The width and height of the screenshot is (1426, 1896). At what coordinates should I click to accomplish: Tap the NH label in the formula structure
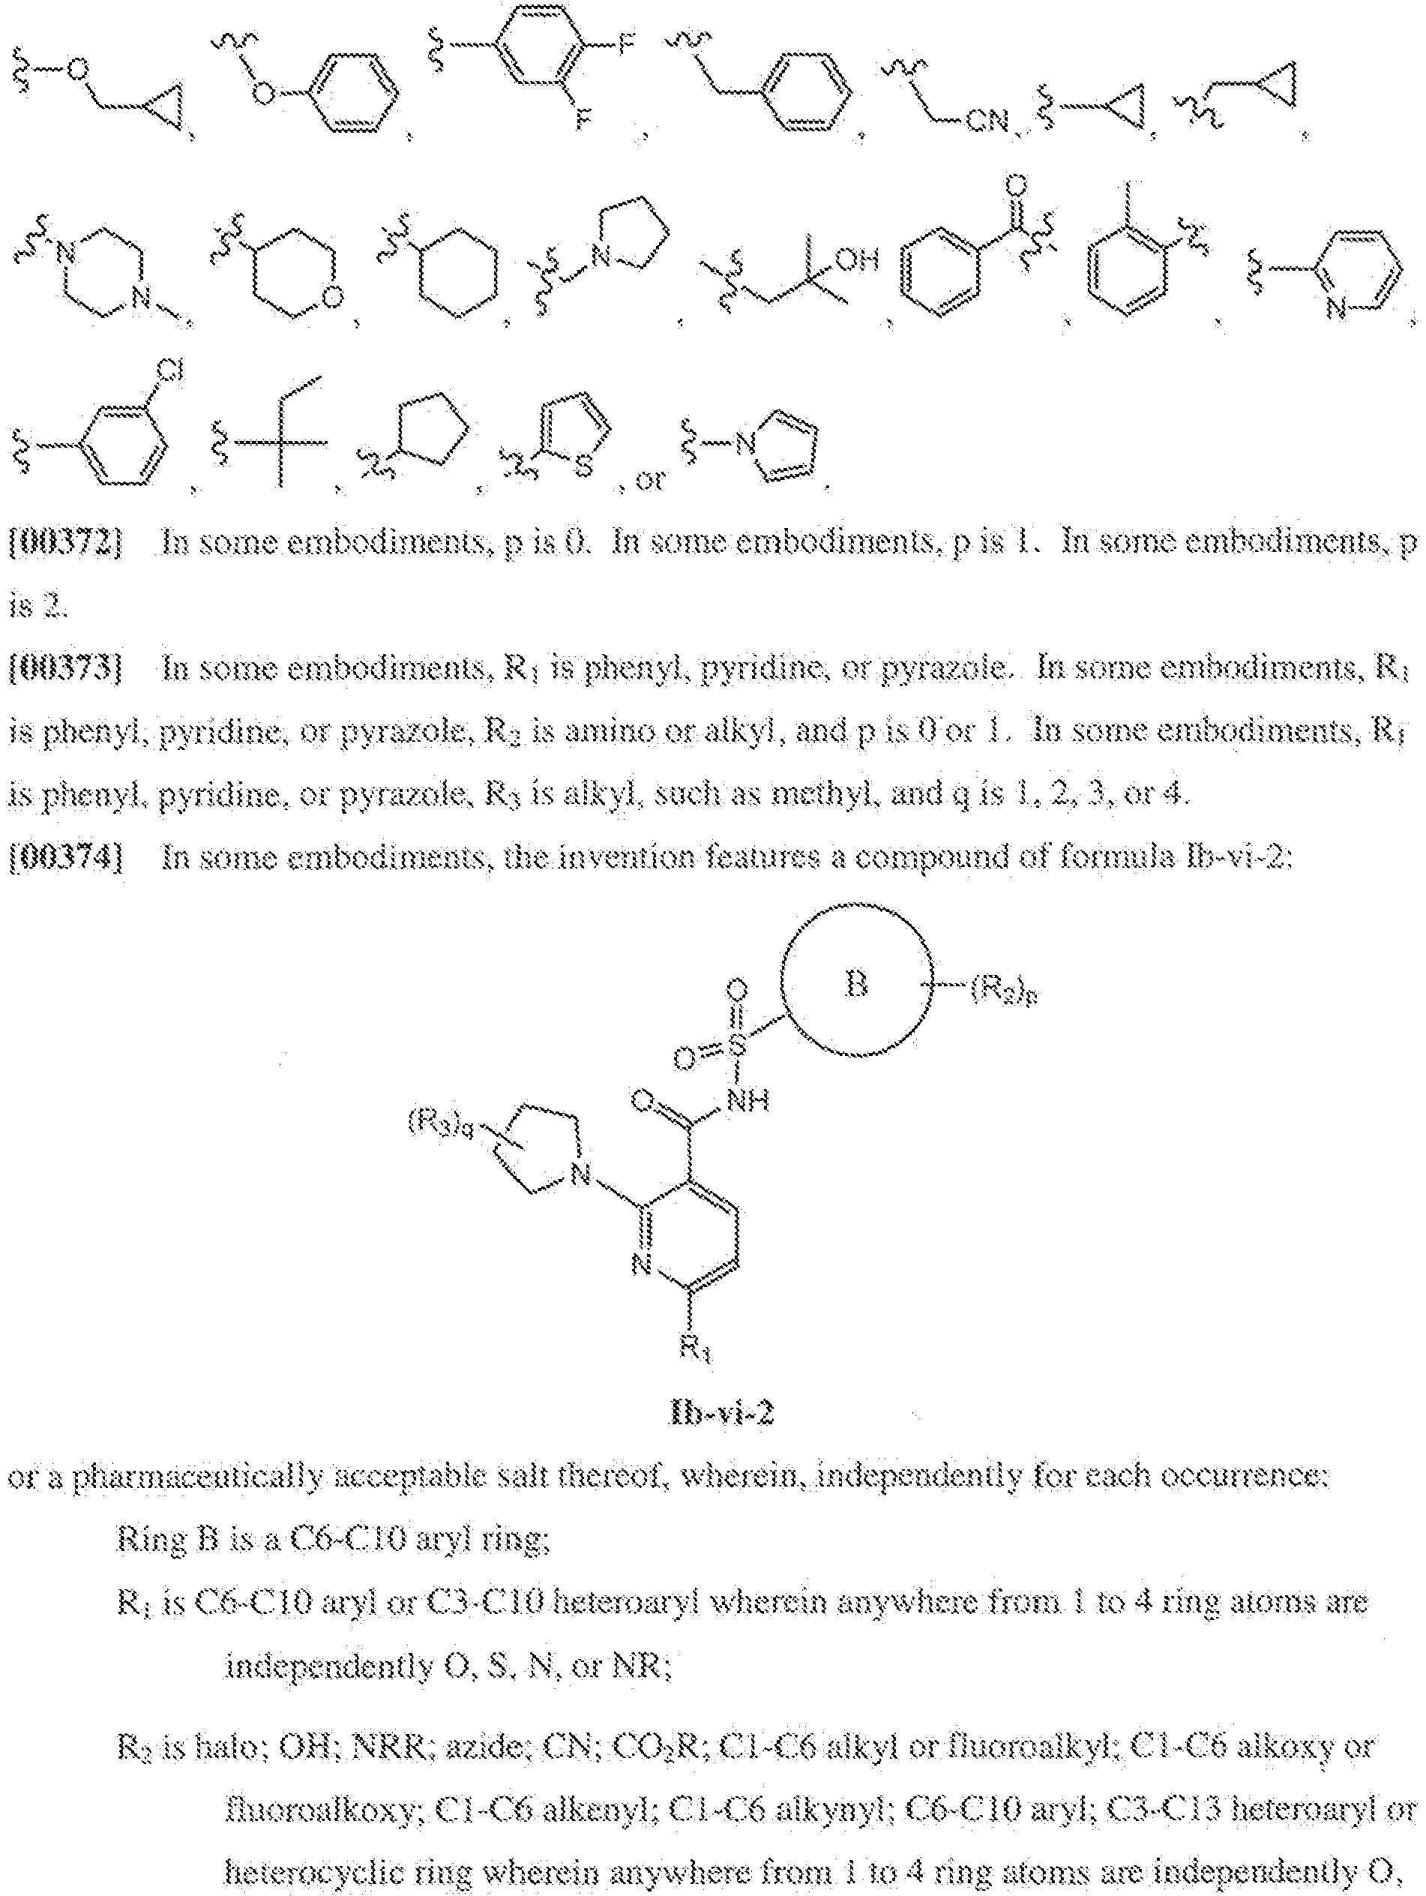747,1099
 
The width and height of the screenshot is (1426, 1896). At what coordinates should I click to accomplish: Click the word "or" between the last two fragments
649,479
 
